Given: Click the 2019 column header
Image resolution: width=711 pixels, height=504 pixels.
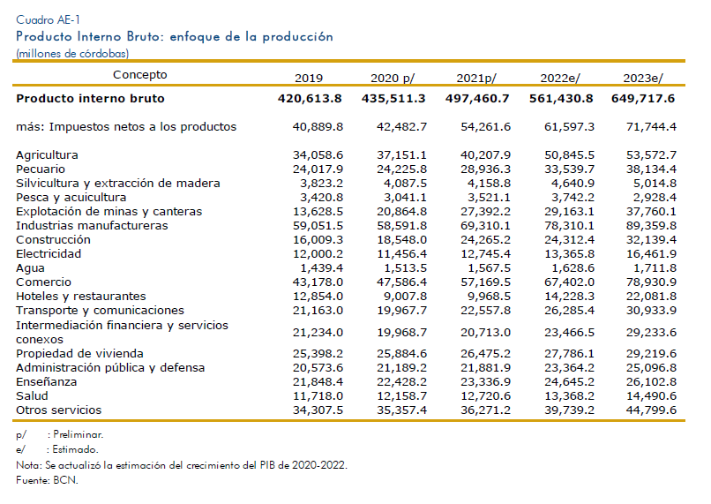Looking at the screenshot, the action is click(309, 78).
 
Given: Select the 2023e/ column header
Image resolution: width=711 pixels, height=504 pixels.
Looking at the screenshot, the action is click(643, 78).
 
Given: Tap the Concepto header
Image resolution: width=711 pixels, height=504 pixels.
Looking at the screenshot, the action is click(139, 75).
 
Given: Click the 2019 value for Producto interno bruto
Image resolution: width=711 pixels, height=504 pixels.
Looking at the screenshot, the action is click(310, 99).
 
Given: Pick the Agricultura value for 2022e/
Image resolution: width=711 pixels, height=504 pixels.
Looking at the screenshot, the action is click(569, 155).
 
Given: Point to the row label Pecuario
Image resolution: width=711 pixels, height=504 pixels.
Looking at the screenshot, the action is click(41, 169).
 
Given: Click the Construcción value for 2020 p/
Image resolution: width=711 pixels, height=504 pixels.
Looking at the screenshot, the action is click(401, 239).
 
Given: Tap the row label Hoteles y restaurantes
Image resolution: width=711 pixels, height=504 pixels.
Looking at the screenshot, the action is click(80, 297).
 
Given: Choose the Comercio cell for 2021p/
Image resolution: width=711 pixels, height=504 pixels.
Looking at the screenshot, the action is click(486, 282).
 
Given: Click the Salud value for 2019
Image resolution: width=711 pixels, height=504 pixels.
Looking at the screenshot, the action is click(318, 396).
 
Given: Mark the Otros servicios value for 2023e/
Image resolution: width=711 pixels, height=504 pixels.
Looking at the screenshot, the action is click(651, 410).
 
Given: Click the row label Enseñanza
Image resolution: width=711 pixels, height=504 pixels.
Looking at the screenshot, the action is click(46, 382).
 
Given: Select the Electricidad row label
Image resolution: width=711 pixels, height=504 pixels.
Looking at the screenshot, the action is click(49, 253).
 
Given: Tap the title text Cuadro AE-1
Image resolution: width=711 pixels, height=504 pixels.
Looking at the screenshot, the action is click(48, 19).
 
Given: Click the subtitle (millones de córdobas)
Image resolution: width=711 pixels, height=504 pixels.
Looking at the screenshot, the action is click(72, 54).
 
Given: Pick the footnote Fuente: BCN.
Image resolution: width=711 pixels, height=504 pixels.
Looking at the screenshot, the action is click(47, 480).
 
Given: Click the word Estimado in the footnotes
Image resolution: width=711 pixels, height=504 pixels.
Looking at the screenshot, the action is click(75, 449).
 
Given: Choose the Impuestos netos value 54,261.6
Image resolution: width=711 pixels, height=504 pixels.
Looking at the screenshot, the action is click(486, 126).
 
